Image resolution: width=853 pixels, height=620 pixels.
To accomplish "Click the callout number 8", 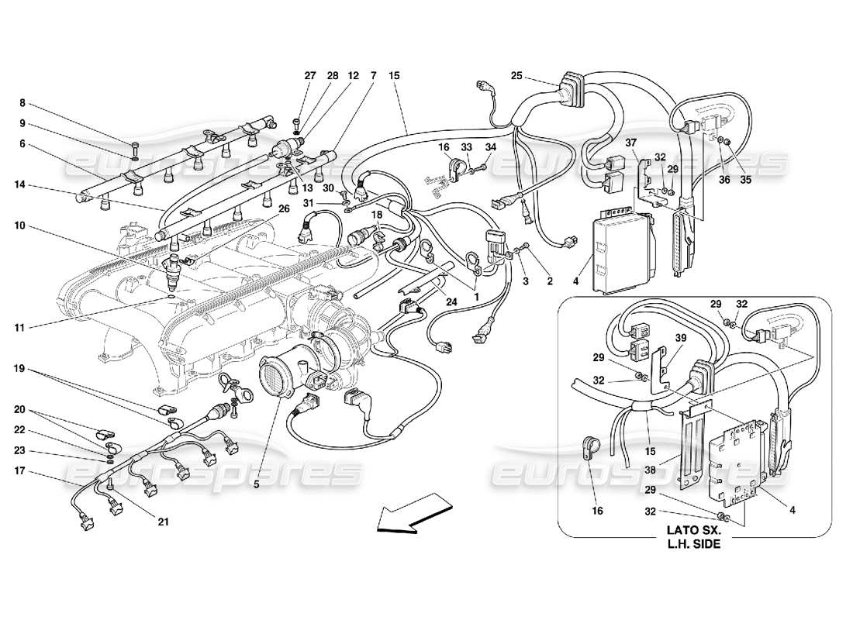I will coord(22,103).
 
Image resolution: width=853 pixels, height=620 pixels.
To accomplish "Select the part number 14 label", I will coord(19,185).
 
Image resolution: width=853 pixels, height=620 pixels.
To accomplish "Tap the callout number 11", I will coord(19,328).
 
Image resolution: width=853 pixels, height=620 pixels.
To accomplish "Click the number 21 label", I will coord(163,522).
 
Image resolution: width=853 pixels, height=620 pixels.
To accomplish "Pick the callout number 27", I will coord(310,76).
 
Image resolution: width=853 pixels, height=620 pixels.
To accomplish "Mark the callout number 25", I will coord(516,76).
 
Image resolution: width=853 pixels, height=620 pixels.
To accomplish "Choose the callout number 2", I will coord(550,282).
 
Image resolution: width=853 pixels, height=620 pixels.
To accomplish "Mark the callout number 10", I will coord(19,226).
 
